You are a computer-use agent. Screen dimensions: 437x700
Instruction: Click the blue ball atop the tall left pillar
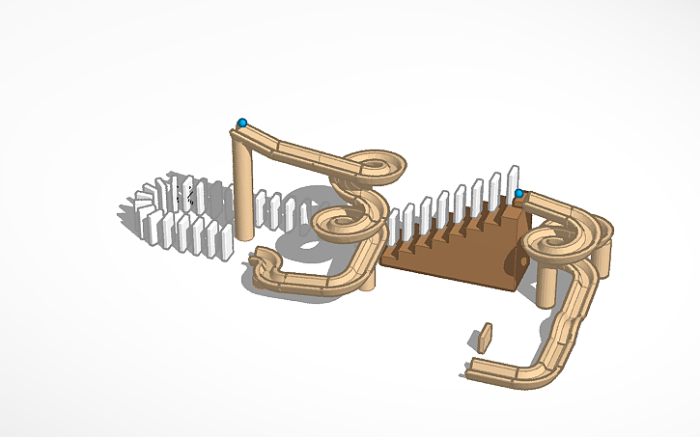pyautogui.click(x=242, y=123)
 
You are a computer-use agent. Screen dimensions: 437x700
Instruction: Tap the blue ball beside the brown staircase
pyautogui.click(x=519, y=194)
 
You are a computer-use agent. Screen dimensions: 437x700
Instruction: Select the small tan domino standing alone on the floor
pyautogui.click(x=485, y=338)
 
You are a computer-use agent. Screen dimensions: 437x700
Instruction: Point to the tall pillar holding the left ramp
pyautogui.click(x=242, y=188)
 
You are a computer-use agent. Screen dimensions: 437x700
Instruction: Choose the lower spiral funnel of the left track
pyautogui.click(x=343, y=222)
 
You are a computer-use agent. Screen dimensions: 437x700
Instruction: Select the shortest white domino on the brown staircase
pyautogui.click(x=395, y=230)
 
